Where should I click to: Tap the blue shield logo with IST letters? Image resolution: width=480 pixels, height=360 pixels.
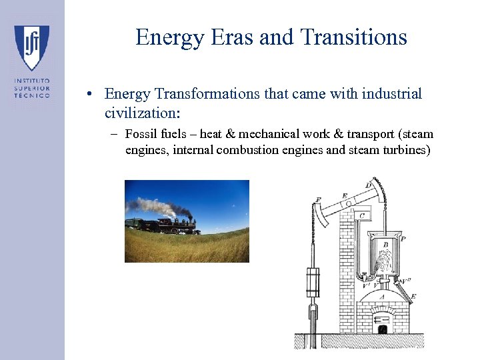click(32, 47)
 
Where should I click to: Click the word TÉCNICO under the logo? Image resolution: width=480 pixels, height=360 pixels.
click(32, 95)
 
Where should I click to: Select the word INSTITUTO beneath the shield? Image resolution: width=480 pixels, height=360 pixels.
click(32, 81)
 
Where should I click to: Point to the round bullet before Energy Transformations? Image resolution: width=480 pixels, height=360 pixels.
click(88, 94)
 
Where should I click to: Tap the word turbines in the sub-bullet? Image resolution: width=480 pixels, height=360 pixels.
click(407, 150)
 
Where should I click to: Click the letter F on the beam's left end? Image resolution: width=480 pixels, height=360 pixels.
click(317, 199)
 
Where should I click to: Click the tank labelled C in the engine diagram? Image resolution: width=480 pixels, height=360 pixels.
click(361, 216)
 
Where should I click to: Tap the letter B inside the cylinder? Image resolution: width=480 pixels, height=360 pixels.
click(385, 245)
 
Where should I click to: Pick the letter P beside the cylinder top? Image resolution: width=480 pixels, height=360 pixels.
click(403, 238)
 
